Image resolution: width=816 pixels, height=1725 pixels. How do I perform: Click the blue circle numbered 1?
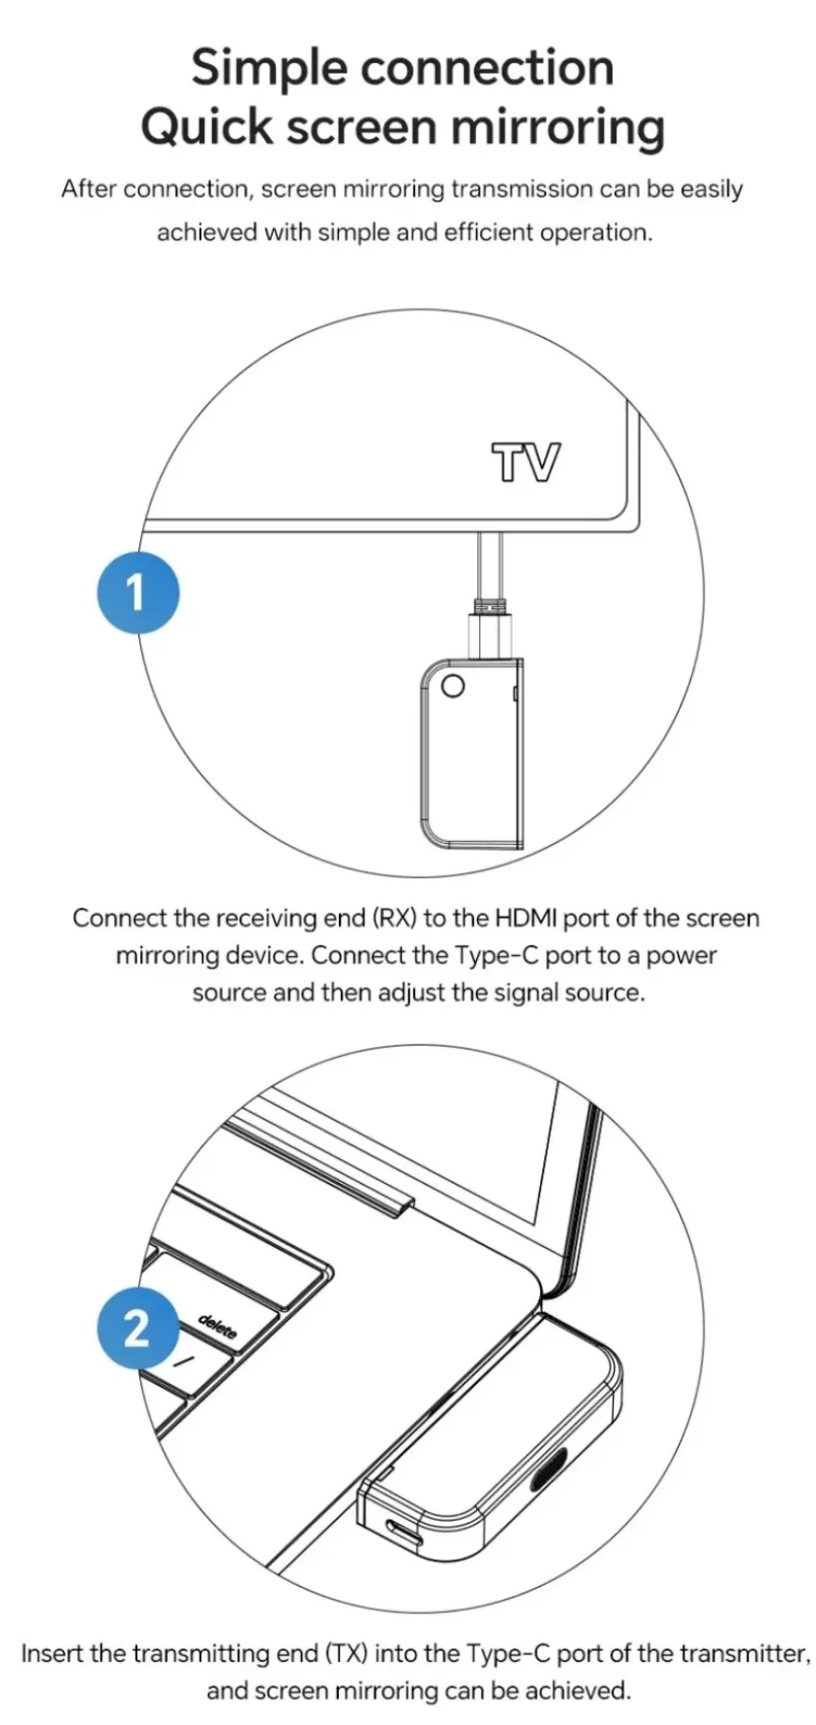pyautogui.click(x=137, y=593)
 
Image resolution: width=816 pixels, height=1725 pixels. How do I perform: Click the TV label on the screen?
pyautogui.click(x=526, y=463)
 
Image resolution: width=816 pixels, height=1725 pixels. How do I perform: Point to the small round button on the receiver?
pyautogui.click(x=453, y=686)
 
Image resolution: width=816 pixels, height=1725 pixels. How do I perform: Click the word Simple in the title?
pyautogui.click(x=269, y=69)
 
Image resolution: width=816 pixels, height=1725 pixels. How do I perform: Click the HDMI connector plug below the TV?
pyautogui.click(x=490, y=625)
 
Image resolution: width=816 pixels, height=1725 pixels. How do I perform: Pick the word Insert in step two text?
pyautogui.click(x=52, y=1653)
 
